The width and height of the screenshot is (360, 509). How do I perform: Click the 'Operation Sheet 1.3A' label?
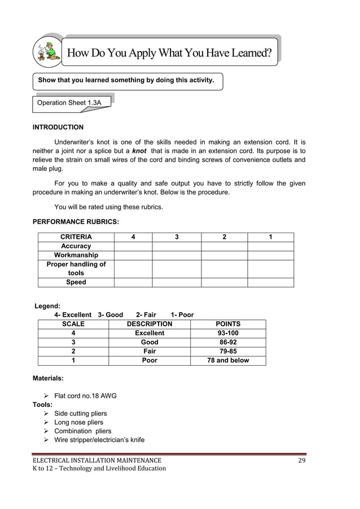tap(69, 103)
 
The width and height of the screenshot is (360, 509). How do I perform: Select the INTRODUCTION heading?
tap(58, 127)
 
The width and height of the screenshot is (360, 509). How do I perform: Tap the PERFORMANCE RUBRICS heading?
tap(75, 222)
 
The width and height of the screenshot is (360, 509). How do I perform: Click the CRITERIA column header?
tap(76, 237)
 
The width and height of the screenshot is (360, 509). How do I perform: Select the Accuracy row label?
tap(76, 246)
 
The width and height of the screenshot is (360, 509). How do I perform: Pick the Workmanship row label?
tap(76, 255)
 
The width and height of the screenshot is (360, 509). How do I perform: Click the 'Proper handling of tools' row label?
tap(76, 269)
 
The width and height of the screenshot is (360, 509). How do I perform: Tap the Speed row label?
tap(76, 282)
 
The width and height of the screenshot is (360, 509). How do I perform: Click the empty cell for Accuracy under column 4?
tap(133, 246)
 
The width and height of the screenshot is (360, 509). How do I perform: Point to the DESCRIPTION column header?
tap(150, 324)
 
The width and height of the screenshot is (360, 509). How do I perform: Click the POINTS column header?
tap(228, 324)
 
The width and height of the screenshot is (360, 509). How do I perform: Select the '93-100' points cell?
tap(228, 333)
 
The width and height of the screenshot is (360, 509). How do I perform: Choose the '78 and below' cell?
tap(228, 360)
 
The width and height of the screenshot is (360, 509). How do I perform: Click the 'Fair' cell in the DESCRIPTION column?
tap(150, 351)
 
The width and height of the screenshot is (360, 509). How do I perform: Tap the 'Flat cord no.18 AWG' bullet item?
tap(85, 396)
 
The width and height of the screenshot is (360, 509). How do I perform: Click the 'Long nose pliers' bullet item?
tap(78, 422)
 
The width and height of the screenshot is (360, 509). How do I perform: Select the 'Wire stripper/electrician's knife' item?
tap(99, 440)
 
